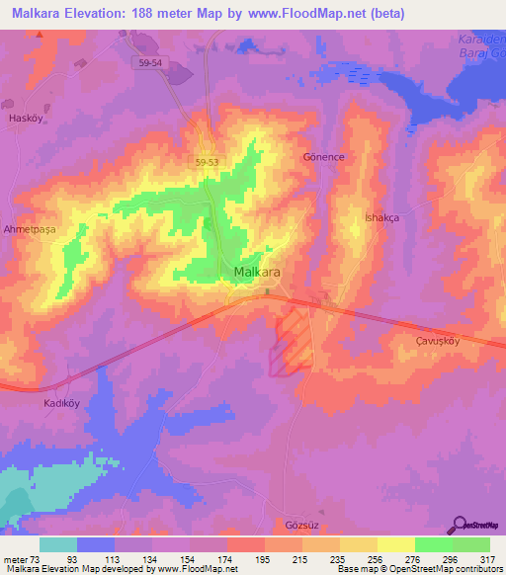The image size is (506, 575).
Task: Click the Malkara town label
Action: tap(261, 272)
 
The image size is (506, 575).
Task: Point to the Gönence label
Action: tap(321, 157)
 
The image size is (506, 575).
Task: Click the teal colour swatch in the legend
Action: tap(58, 544)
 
